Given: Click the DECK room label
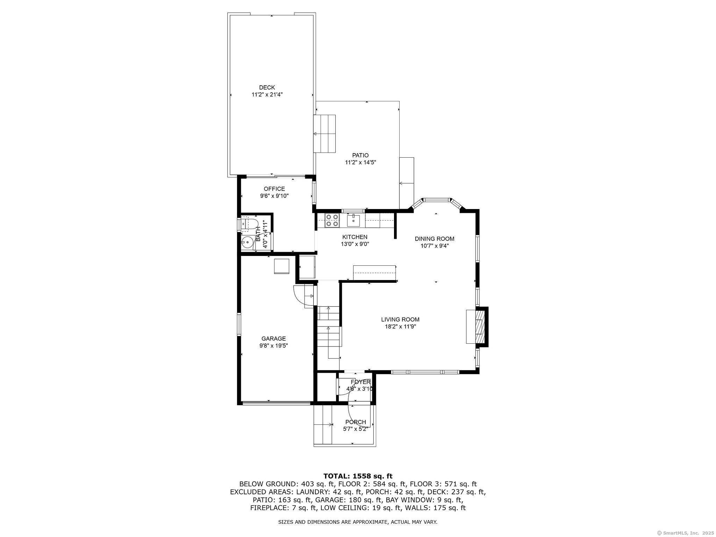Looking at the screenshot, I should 267,87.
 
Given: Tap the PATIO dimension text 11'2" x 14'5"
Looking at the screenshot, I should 360,162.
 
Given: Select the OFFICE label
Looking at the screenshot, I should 274,189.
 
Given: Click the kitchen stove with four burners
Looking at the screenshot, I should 332,220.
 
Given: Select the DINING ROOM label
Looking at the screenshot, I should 434,239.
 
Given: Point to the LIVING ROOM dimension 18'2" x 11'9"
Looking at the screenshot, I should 400,327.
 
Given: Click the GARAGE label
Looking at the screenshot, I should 273,338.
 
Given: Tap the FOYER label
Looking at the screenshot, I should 360,382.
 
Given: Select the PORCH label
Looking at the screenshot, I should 356,422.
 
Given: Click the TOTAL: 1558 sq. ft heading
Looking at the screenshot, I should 358,476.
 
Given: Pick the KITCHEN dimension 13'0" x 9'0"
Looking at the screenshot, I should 355,244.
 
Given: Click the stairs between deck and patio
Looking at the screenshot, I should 324,134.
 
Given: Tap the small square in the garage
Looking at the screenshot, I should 282,266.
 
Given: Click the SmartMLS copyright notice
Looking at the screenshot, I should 685,533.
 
